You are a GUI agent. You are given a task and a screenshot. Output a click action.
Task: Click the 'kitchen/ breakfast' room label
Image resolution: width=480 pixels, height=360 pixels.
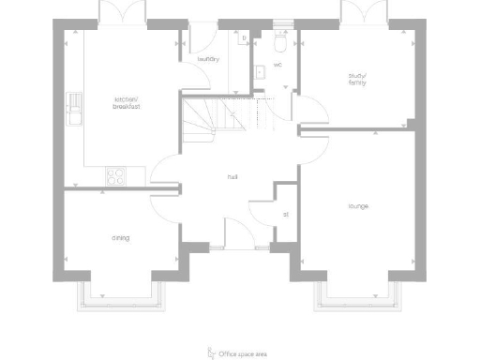tap(126, 102)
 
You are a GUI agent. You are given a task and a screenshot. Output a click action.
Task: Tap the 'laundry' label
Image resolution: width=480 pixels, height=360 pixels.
tap(208, 60)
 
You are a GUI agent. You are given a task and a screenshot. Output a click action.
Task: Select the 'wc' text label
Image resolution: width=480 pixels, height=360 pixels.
tap(278, 66)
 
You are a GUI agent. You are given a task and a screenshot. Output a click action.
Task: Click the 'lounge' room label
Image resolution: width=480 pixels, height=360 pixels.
tap(358, 206)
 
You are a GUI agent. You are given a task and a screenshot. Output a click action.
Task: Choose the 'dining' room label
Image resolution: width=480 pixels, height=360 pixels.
tap(121, 238)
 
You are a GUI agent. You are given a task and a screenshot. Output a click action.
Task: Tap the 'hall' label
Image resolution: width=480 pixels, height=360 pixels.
tap(232, 176)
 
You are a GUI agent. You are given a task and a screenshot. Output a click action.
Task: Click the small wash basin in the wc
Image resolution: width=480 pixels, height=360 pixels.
tap(259, 71)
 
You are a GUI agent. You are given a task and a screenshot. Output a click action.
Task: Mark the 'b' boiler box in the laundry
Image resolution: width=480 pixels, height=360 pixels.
tap(244, 39)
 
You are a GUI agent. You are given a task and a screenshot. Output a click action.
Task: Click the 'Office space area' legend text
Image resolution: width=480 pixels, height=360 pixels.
tap(243, 354)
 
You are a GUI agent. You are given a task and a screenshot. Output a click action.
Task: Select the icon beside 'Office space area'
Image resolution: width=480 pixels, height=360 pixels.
tap(210, 352)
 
